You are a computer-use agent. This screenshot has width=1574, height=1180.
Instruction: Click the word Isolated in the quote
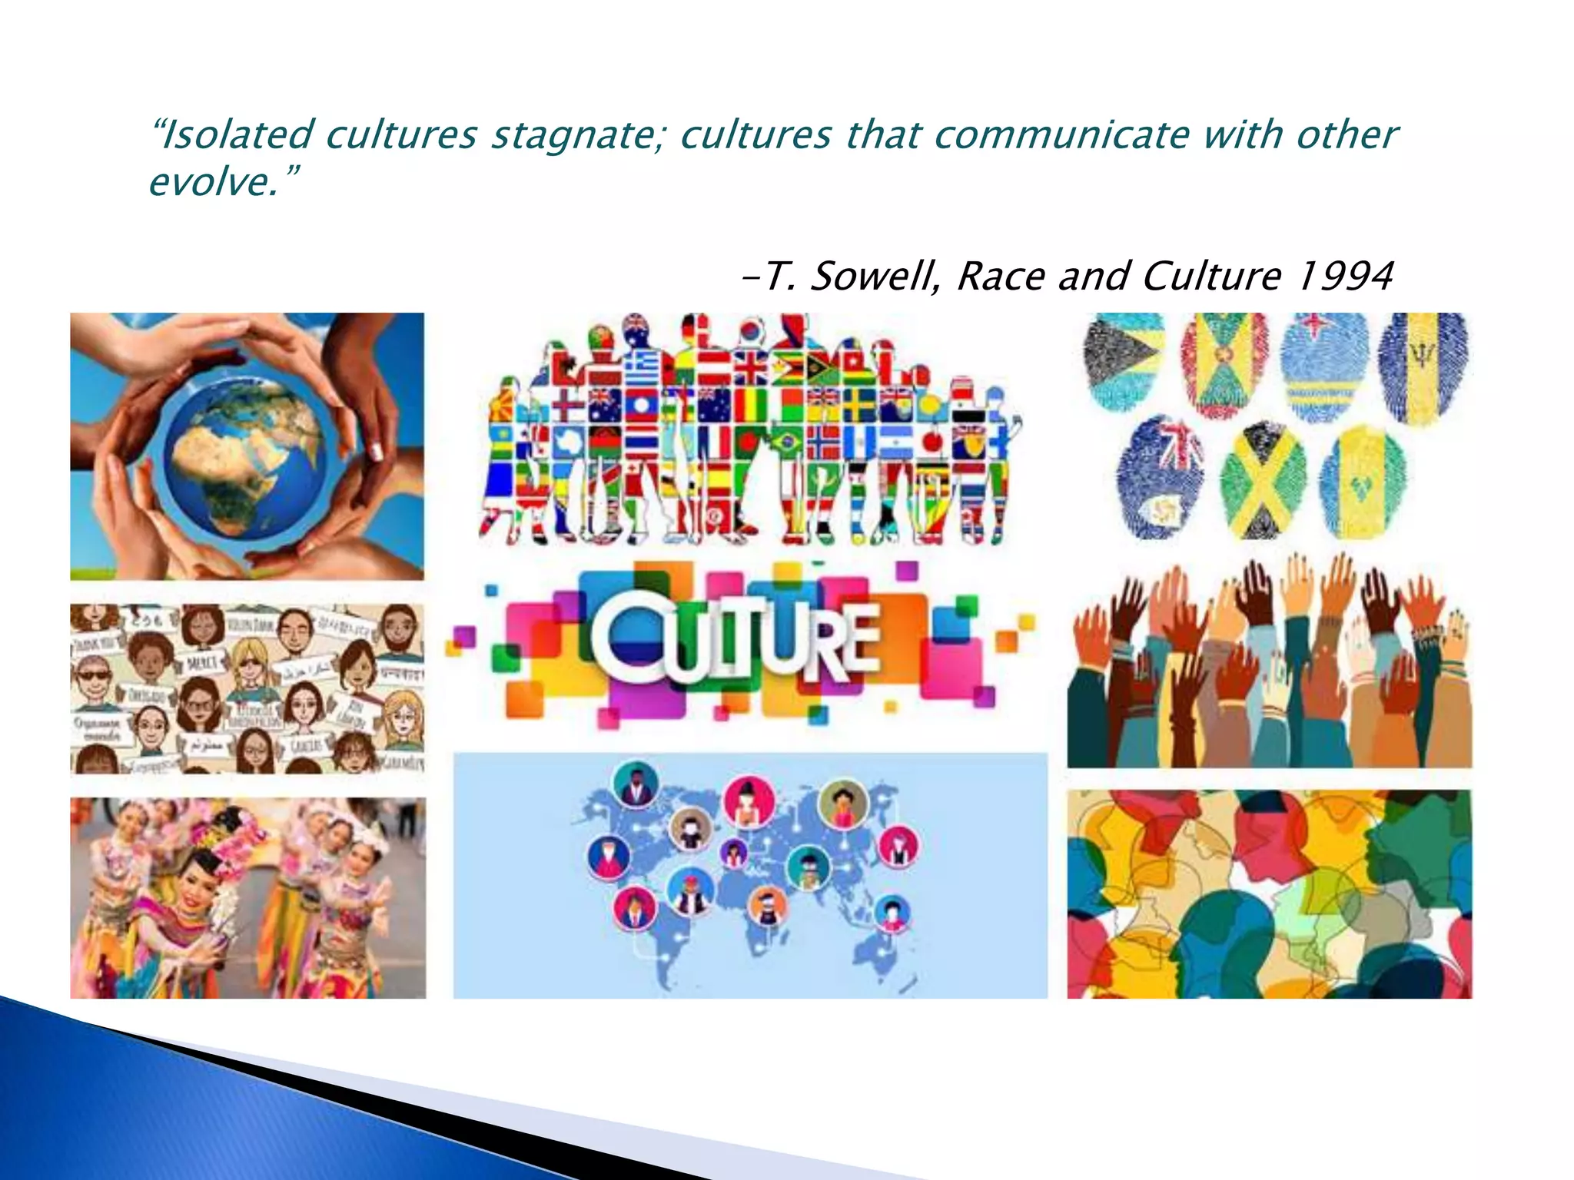coord(240,134)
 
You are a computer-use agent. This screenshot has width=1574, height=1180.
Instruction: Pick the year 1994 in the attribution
coord(1344,276)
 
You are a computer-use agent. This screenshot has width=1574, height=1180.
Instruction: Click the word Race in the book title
coord(1001,276)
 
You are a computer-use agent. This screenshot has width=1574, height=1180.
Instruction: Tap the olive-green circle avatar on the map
coord(843,804)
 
